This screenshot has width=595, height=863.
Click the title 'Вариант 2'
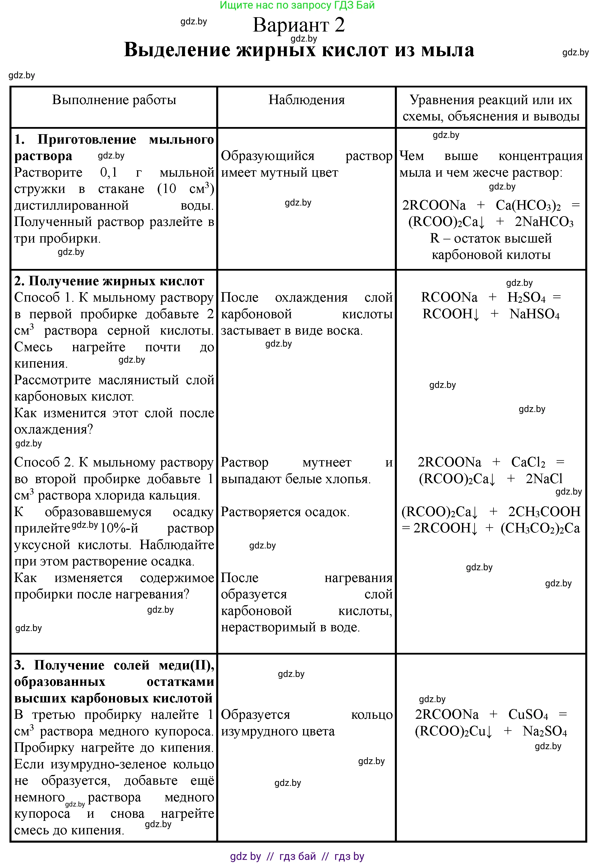point(299,25)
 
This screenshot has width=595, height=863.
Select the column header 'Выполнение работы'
point(114,100)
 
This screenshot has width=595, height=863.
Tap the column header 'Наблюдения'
point(307,100)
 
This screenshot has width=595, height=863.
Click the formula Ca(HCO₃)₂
point(528,205)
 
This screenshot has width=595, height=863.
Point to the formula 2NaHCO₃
point(544,222)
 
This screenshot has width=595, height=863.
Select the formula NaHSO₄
point(534,314)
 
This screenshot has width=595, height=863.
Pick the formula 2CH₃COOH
point(544,512)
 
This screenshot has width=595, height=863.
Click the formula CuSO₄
point(528,715)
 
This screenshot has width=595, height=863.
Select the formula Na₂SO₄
point(544,731)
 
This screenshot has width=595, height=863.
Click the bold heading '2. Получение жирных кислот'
point(109,281)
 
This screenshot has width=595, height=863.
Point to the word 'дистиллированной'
point(71,205)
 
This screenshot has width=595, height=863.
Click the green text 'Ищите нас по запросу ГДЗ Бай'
point(297,5)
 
